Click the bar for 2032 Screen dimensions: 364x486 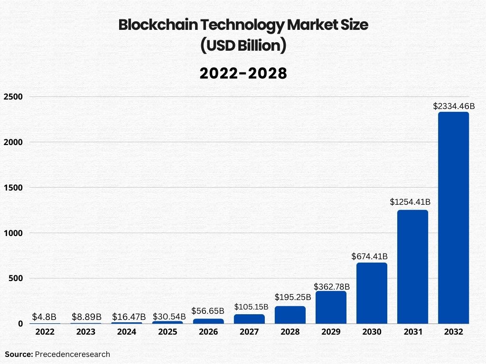coord(453,218)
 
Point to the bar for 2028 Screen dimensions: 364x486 coord(290,315)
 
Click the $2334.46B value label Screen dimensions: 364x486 coord(454,106)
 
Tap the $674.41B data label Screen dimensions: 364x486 coord(370,256)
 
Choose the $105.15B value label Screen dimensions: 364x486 coord(251,307)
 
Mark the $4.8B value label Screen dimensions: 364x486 coord(44,317)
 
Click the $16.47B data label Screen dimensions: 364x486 coord(129,317)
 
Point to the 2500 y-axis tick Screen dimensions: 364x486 coord(13,97)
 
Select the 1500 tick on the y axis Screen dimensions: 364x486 coord(13,188)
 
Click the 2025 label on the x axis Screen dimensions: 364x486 coord(168,332)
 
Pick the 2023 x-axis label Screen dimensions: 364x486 coord(86,332)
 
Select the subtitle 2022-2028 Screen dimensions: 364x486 coord(243,73)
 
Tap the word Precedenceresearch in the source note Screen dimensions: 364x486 coord(73,354)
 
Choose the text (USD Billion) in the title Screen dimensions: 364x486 coord(243,46)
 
